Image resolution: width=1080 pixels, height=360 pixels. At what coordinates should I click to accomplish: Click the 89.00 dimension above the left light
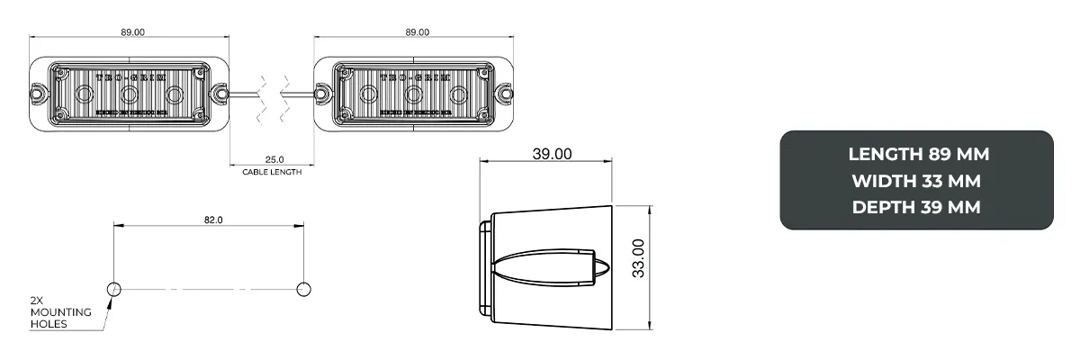pos(132,32)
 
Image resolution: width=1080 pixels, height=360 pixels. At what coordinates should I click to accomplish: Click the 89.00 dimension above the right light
pos(417,32)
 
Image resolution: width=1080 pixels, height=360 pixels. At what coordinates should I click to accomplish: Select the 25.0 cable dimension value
pos(272,158)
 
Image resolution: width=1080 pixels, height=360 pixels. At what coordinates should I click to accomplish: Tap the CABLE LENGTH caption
pos(272,172)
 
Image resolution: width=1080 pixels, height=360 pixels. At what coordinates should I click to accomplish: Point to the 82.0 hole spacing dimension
pos(213,219)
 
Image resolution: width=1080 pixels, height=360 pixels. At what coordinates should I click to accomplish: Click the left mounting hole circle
pos(114,289)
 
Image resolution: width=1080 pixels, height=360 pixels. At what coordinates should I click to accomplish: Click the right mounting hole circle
pos(303,289)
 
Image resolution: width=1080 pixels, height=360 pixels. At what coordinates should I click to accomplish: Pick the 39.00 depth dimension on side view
pos(552,154)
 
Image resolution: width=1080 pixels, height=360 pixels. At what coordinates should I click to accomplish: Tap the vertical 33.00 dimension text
pos(638,258)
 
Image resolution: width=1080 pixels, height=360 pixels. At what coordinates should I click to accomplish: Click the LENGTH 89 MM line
pos(918,154)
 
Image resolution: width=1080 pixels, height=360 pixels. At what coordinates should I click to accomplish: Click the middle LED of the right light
pos(414,93)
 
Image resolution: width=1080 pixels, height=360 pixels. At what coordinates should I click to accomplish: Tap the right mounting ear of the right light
pos(506,93)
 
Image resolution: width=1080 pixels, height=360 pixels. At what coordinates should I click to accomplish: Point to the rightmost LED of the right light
pos(460,93)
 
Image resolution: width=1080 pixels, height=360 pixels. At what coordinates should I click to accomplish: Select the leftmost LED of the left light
pos(85,93)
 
